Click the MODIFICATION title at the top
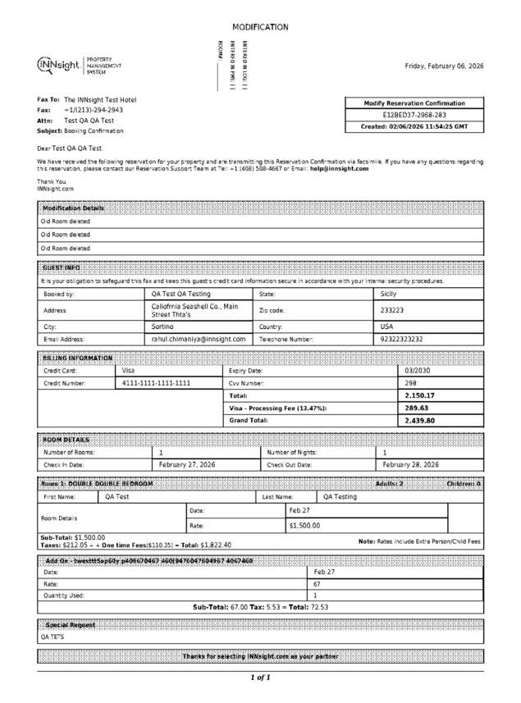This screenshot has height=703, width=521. coord(260,27)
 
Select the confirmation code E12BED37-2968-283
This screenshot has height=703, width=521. coord(414,115)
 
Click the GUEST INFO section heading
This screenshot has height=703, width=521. coord(61,267)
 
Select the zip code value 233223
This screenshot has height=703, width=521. coord(392,311)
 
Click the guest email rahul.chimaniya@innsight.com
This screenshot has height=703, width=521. coord(199,338)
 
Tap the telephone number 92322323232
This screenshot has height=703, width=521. coord(402,338)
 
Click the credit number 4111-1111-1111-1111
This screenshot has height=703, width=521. coord(156,383)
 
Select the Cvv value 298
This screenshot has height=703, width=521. coord(411,383)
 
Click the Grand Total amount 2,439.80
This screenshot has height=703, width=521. coord(419,420)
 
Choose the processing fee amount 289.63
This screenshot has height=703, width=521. coord(417,408)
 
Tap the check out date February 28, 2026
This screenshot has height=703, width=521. coord(411,464)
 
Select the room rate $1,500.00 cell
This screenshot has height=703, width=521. coord(305,525)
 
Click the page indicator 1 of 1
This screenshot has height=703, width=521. coord(260,678)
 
